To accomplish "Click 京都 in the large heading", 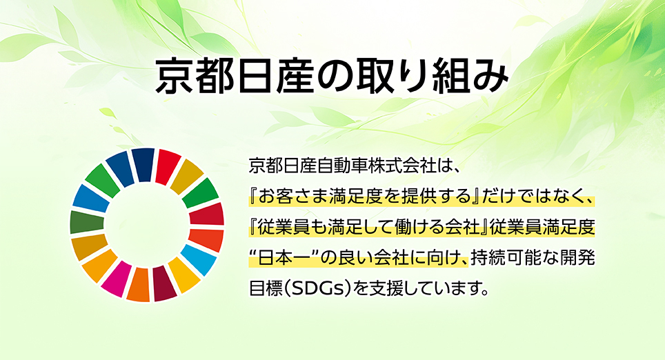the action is coord(193,77).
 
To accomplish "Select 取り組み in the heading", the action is coord(432,77).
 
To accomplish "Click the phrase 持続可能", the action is coord(503,258).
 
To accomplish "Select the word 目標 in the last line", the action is coord(266,289).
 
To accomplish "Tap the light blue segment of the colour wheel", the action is coord(199,259).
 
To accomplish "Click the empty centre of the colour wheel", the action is coord(147,225).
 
